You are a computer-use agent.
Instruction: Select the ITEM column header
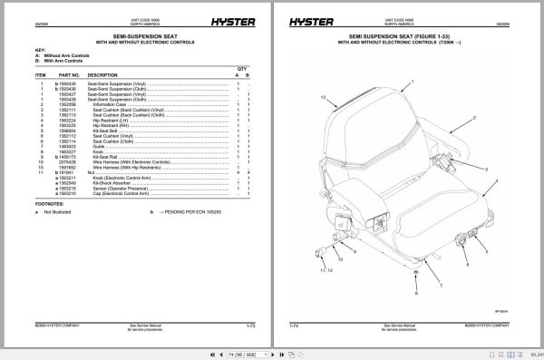click(42, 74)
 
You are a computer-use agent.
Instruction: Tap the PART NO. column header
click(70, 74)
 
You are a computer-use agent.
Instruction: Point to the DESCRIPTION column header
click(102, 74)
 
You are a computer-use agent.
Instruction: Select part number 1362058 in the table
click(70, 104)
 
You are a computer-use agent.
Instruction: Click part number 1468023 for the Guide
click(70, 147)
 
